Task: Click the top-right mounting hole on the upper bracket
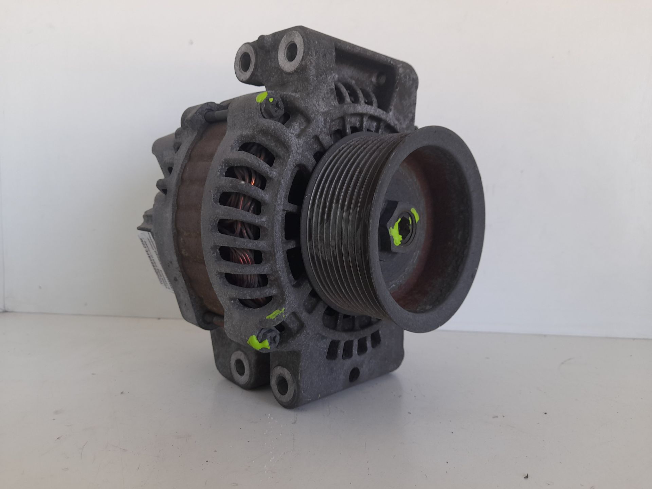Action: (x=291, y=51)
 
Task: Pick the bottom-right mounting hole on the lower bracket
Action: (x=283, y=382)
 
